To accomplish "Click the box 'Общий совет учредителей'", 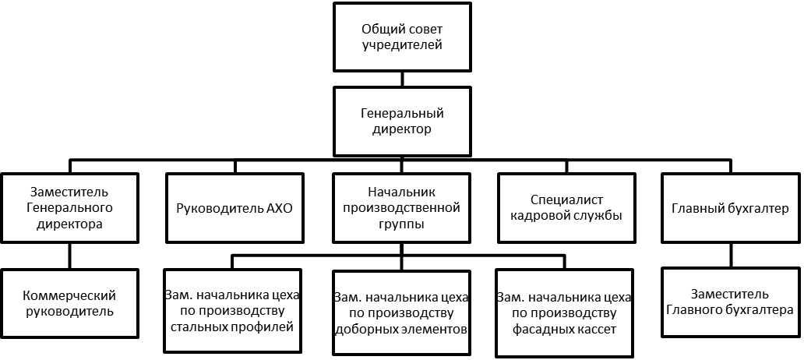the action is click(x=403, y=37).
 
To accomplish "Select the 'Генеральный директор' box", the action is click(x=403, y=121).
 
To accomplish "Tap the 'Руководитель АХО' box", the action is click(x=235, y=208).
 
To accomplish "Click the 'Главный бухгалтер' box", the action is click(x=731, y=208).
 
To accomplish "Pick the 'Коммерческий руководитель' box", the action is click(x=70, y=303).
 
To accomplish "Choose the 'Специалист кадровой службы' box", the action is click(x=566, y=208).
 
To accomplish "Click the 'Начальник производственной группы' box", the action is click(x=403, y=208).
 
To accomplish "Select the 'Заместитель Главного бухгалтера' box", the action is click(x=731, y=302).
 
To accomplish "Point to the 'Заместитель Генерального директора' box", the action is click(x=70, y=208).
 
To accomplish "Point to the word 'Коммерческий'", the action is click(x=70, y=295).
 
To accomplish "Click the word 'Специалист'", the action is click(x=566, y=200).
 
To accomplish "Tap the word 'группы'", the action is click(x=403, y=224).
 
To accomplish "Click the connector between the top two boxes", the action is click(x=403, y=79).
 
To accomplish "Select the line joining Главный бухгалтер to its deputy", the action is click(x=731, y=255).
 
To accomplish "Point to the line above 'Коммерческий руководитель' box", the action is click(x=70, y=256).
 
